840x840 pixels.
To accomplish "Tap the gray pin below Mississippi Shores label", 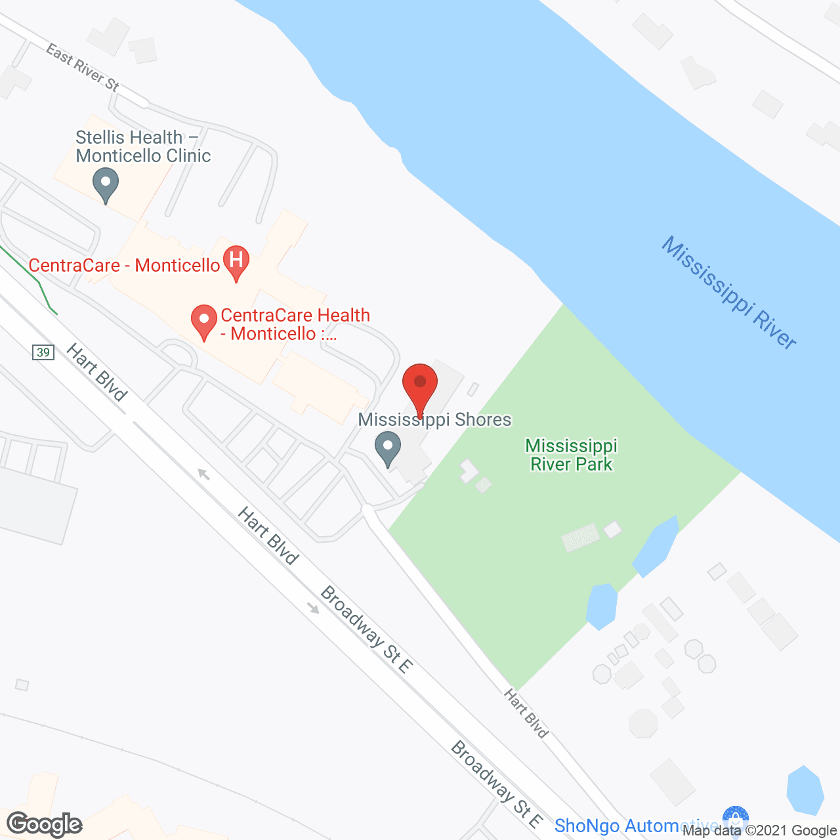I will click(387, 448).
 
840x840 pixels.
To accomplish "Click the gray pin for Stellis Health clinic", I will click(106, 183).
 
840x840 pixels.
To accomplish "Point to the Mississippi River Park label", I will click(572, 455).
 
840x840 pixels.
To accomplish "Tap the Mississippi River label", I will click(729, 293).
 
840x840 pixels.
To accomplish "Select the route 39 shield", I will click(43, 352).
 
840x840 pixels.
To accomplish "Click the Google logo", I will click(45, 824).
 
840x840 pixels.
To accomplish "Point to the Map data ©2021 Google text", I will click(760, 831).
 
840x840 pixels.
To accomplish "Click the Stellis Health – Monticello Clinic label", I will click(143, 146).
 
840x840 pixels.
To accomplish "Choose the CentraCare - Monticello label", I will click(124, 265).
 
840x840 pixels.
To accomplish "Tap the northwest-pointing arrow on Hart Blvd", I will click(204, 474).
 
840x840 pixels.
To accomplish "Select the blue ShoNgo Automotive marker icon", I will click(735, 819).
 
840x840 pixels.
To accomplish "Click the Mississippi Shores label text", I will click(434, 420).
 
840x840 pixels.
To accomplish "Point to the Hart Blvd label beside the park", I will click(526, 713).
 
